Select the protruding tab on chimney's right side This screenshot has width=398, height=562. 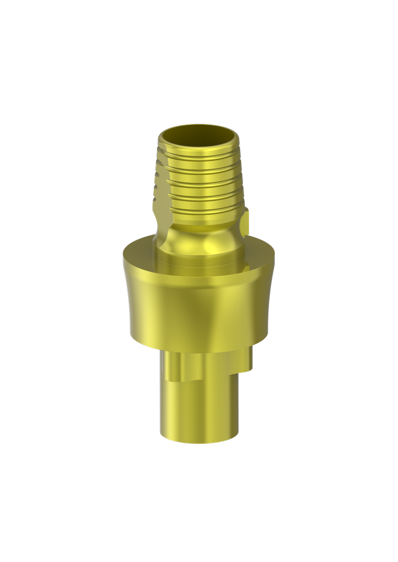pos(245,225)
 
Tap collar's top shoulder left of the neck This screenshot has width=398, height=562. pos(140,247)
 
